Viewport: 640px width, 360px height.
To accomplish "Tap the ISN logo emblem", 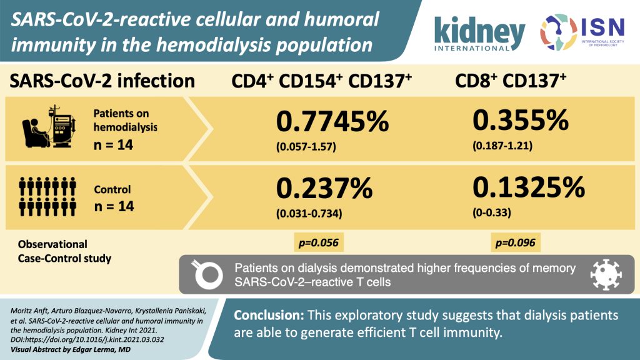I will click(x=558, y=31).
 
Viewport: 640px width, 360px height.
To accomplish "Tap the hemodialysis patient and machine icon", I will click(x=46, y=124).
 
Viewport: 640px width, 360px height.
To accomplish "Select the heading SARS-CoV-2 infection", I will click(x=101, y=81).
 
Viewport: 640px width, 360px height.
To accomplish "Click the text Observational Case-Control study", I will click(x=60, y=250).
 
